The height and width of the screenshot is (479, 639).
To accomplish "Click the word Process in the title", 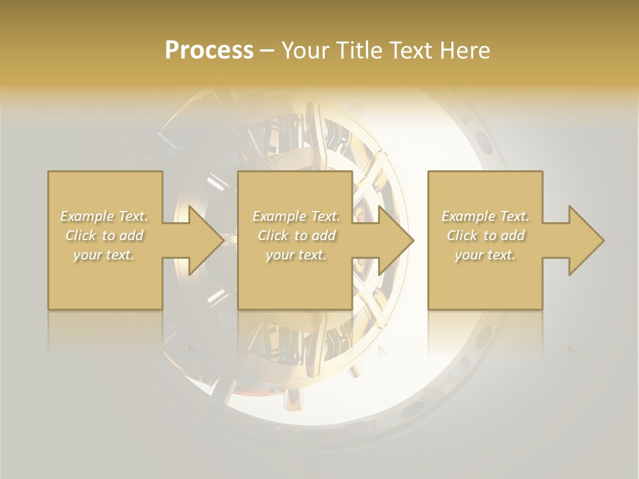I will click(209, 51).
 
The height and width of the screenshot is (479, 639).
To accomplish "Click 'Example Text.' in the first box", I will click(105, 216).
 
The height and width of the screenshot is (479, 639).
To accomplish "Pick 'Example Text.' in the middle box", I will click(296, 216).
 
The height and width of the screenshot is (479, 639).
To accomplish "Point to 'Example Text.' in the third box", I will click(485, 216).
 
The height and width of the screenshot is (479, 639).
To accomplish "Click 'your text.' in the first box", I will click(105, 255).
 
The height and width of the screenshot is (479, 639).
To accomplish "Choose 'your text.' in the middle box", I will click(296, 255).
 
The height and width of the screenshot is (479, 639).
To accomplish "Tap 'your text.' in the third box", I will click(485, 255).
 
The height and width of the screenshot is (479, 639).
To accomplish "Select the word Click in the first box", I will click(81, 236).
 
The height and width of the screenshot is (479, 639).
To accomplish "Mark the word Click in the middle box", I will click(273, 236).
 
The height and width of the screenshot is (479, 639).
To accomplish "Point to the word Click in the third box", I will click(462, 236).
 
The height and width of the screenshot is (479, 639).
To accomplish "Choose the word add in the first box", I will click(131, 236).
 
